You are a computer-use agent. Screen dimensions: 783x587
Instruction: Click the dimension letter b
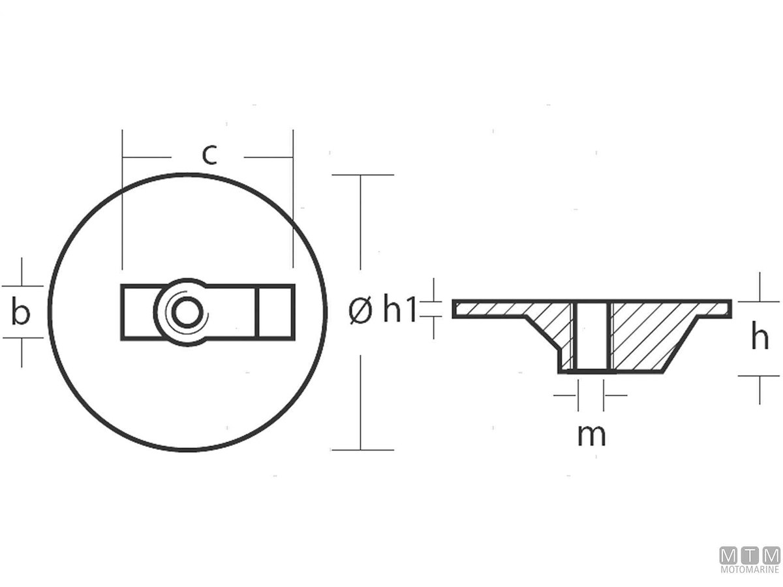21,312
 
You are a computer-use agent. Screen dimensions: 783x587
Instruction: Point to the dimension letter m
591,436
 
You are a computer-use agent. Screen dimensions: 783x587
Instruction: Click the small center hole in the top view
187,312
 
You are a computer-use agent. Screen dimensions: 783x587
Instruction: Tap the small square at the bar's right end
275,312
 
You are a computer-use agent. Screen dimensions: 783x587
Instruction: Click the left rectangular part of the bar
139,312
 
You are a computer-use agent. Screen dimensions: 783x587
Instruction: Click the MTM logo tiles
750,555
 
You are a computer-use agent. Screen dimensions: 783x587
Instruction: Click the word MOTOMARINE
750,569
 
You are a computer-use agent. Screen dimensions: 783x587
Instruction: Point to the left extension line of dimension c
123,200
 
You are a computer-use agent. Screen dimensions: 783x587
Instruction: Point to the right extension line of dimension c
293,198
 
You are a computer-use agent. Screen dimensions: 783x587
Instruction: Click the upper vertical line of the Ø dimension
360,222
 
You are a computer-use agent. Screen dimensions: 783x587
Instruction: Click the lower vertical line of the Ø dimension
360,402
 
